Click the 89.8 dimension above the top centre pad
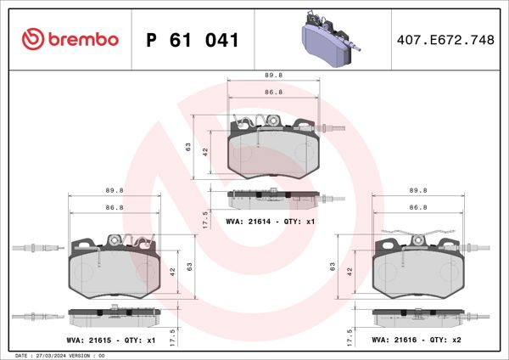pyautogui.click(x=273, y=75)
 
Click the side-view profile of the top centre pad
pyautogui.click(x=273, y=198)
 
